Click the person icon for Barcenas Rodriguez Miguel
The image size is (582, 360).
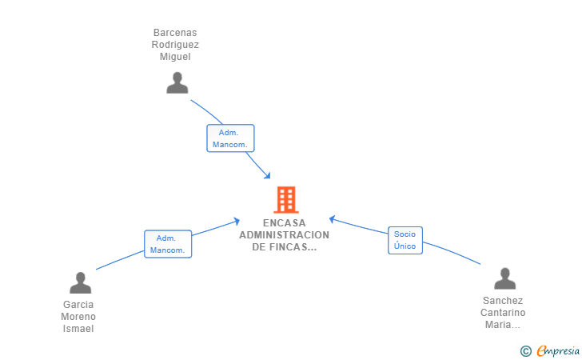click(177, 83)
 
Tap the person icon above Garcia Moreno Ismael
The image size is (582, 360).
click(80, 283)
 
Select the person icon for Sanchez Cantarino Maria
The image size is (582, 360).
click(504, 278)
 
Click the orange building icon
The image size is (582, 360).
click(285, 199)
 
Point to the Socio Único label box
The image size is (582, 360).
click(405, 240)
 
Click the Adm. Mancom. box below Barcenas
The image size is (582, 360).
click(230, 138)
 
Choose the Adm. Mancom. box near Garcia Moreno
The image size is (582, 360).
click(168, 244)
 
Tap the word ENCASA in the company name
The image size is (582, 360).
click(284, 223)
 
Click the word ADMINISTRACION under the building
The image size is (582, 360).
click(284, 235)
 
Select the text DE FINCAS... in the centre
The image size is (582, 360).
click(284, 247)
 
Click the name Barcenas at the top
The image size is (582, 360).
click(175, 34)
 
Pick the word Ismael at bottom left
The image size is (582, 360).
click(78, 329)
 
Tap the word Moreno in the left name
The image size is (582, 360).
click(78, 317)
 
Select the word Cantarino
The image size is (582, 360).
click(504, 313)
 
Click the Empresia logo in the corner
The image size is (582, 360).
click(551, 350)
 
